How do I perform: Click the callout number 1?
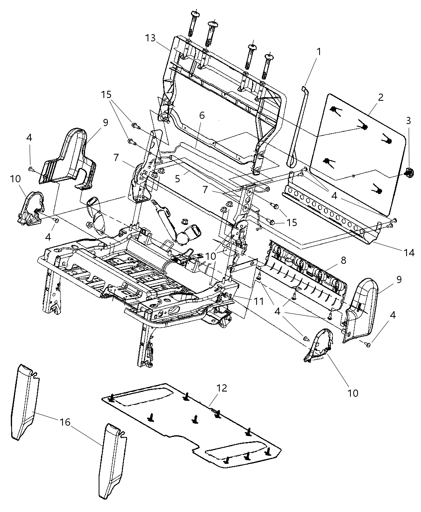(x=319, y=52)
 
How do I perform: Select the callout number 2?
(x=381, y=97)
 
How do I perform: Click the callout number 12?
(x=222, y=388)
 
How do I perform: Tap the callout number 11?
(x=259, y=300)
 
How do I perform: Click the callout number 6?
(x=202, y=116)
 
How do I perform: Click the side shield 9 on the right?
(x=361, y=309)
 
